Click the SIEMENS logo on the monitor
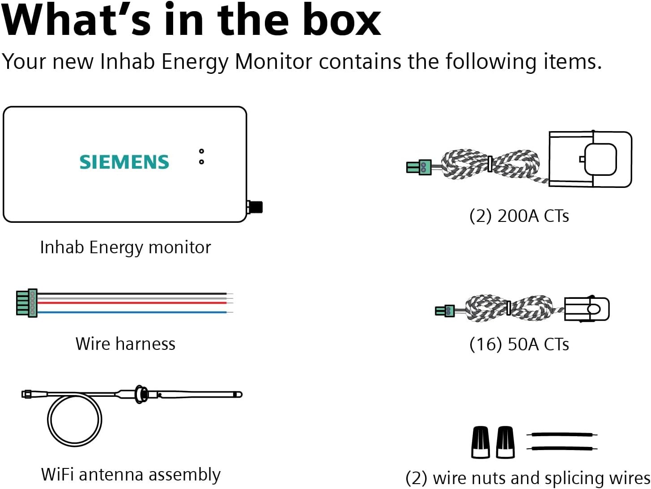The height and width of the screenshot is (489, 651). pyautogui.click(x=124, y=162)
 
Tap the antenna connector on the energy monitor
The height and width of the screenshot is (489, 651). pyautogui.click(x=255, y=207)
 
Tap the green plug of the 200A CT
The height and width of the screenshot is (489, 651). pyautogui.click(x=419, y=167)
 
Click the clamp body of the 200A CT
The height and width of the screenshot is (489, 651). pyautogui.click(x=590, y=159)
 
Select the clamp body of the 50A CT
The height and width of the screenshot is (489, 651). pyautogui.click(x=587, y=309)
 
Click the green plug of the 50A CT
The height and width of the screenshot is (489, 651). pyautogui.click(x=445, y=310)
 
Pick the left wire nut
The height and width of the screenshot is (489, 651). pyautogui.click(x=481, y=442)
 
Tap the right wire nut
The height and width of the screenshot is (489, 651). pyautogui.click(x=505, y=442)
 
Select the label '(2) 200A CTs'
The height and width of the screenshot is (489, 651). pyautogui.click(x=519, y=216)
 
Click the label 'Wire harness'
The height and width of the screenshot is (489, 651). pyautogui.click(x=125, y=344)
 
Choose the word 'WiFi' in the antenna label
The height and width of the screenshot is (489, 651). pyautogui.click(x=57, y=474)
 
